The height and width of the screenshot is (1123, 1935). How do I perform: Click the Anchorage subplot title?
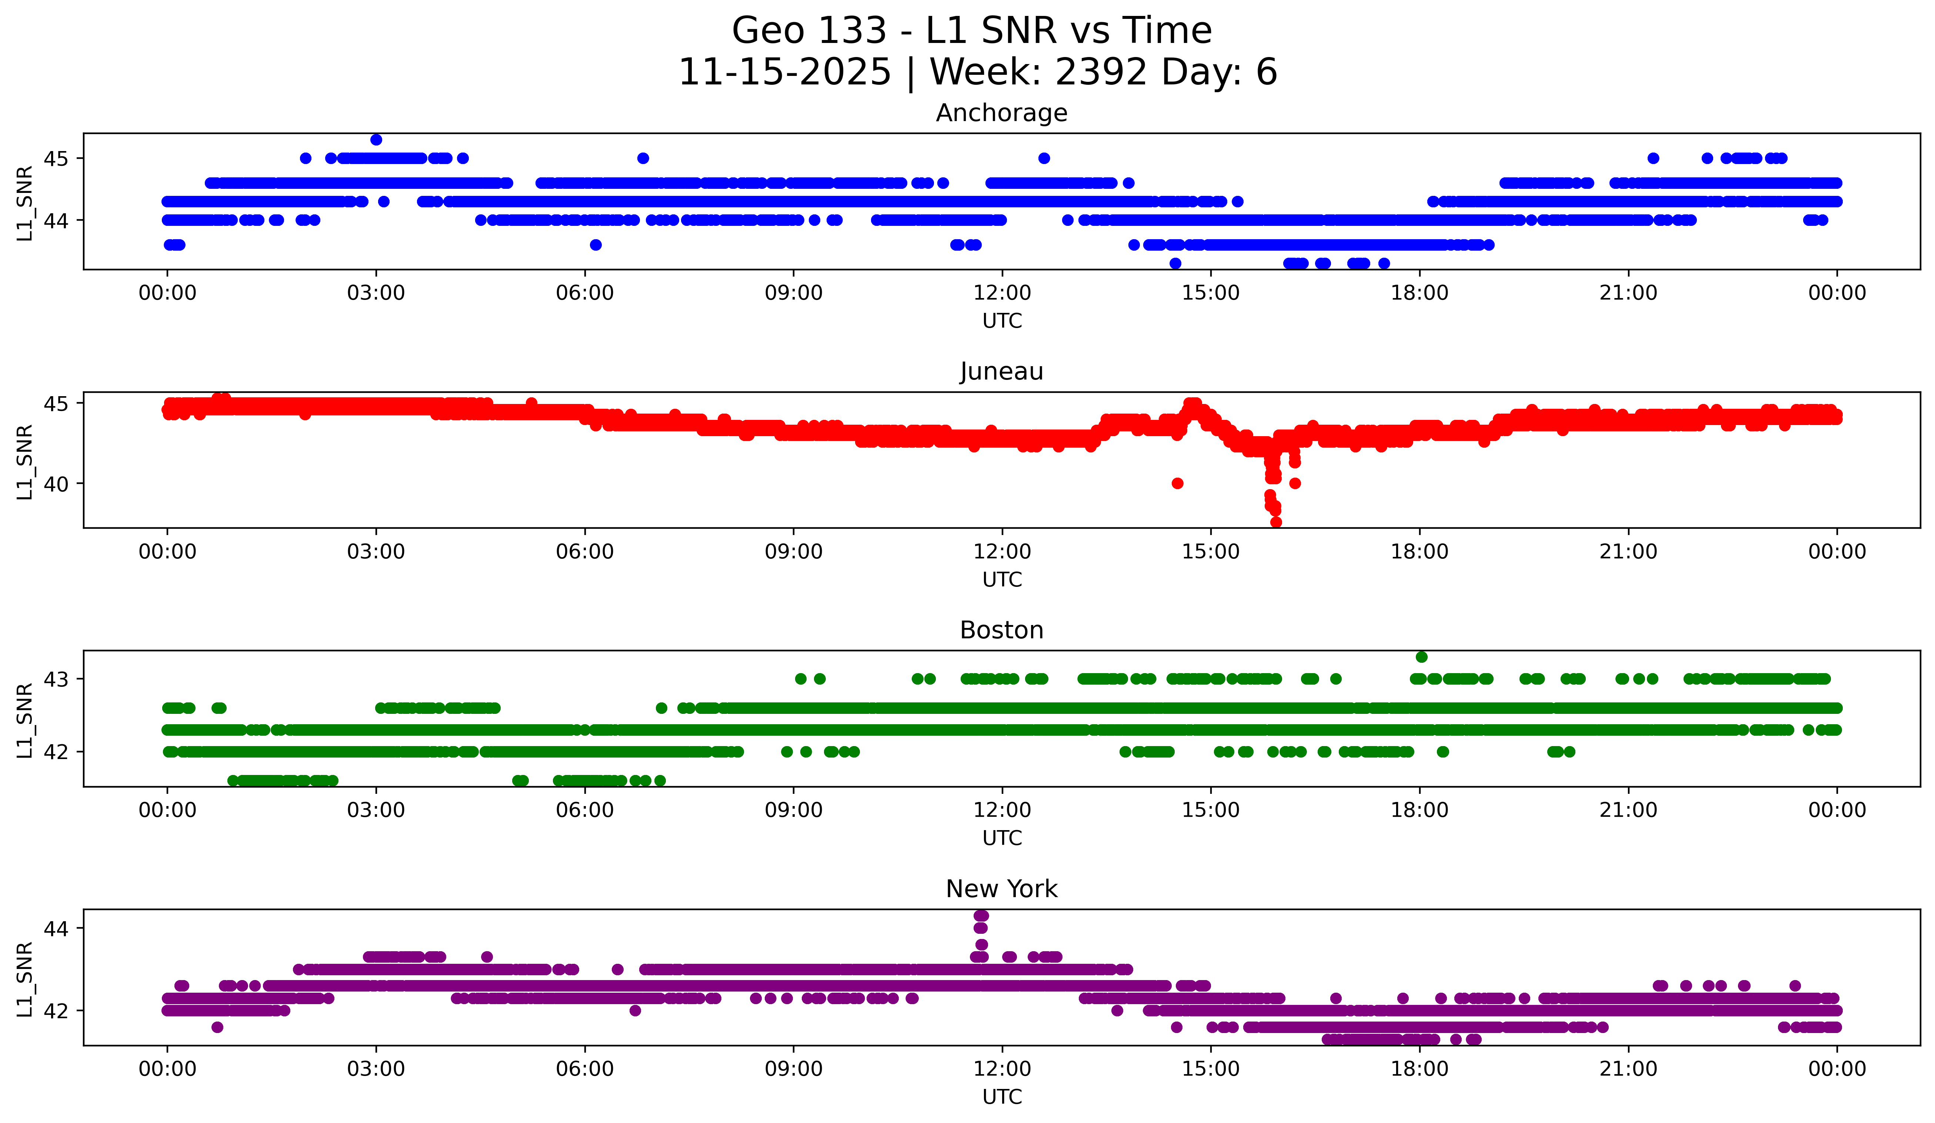[x=1001, y=113]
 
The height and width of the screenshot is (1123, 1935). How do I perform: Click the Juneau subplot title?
[x=1001, y=371]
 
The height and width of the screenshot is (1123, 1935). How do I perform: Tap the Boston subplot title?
[x=1001, y=630]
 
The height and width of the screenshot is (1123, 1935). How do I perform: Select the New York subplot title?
[x=1001, y=889]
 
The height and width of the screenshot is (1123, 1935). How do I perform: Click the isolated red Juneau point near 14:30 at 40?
[x=1177, y=483]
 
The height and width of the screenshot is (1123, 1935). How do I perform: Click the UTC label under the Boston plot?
[x=1001, y=838]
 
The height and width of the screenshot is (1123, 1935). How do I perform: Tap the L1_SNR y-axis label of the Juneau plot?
[x=24, y=461]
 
